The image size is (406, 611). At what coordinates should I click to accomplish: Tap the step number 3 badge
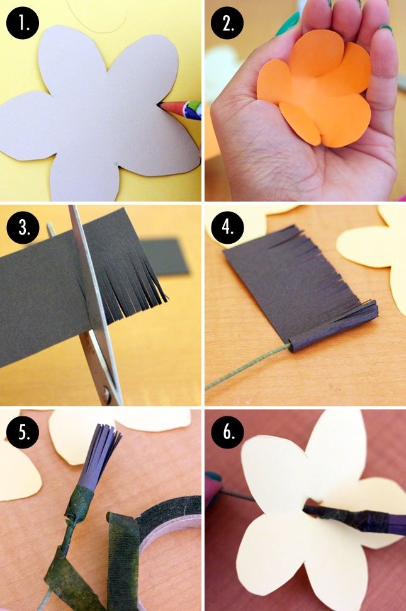coord(22,227)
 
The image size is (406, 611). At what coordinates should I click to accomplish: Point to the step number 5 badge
coord(22,431)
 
